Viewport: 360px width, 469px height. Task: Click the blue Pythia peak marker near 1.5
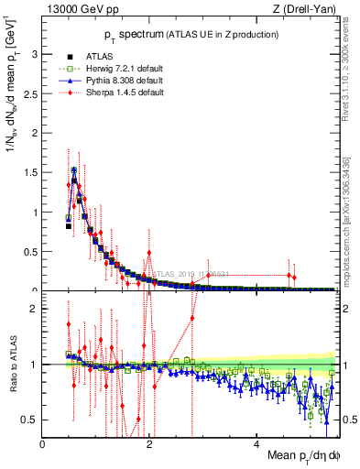point(73,169)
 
